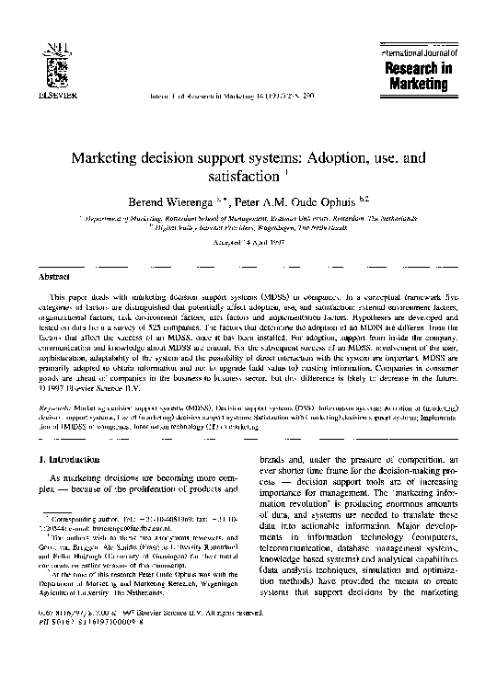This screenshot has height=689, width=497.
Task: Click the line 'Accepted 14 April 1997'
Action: pyautogui.click(x=248, y=240)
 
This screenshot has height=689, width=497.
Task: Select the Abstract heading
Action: pyautogui.click(x=49, y=275)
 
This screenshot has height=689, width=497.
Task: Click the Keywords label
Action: pyautogui.click(x=60, y=379)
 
